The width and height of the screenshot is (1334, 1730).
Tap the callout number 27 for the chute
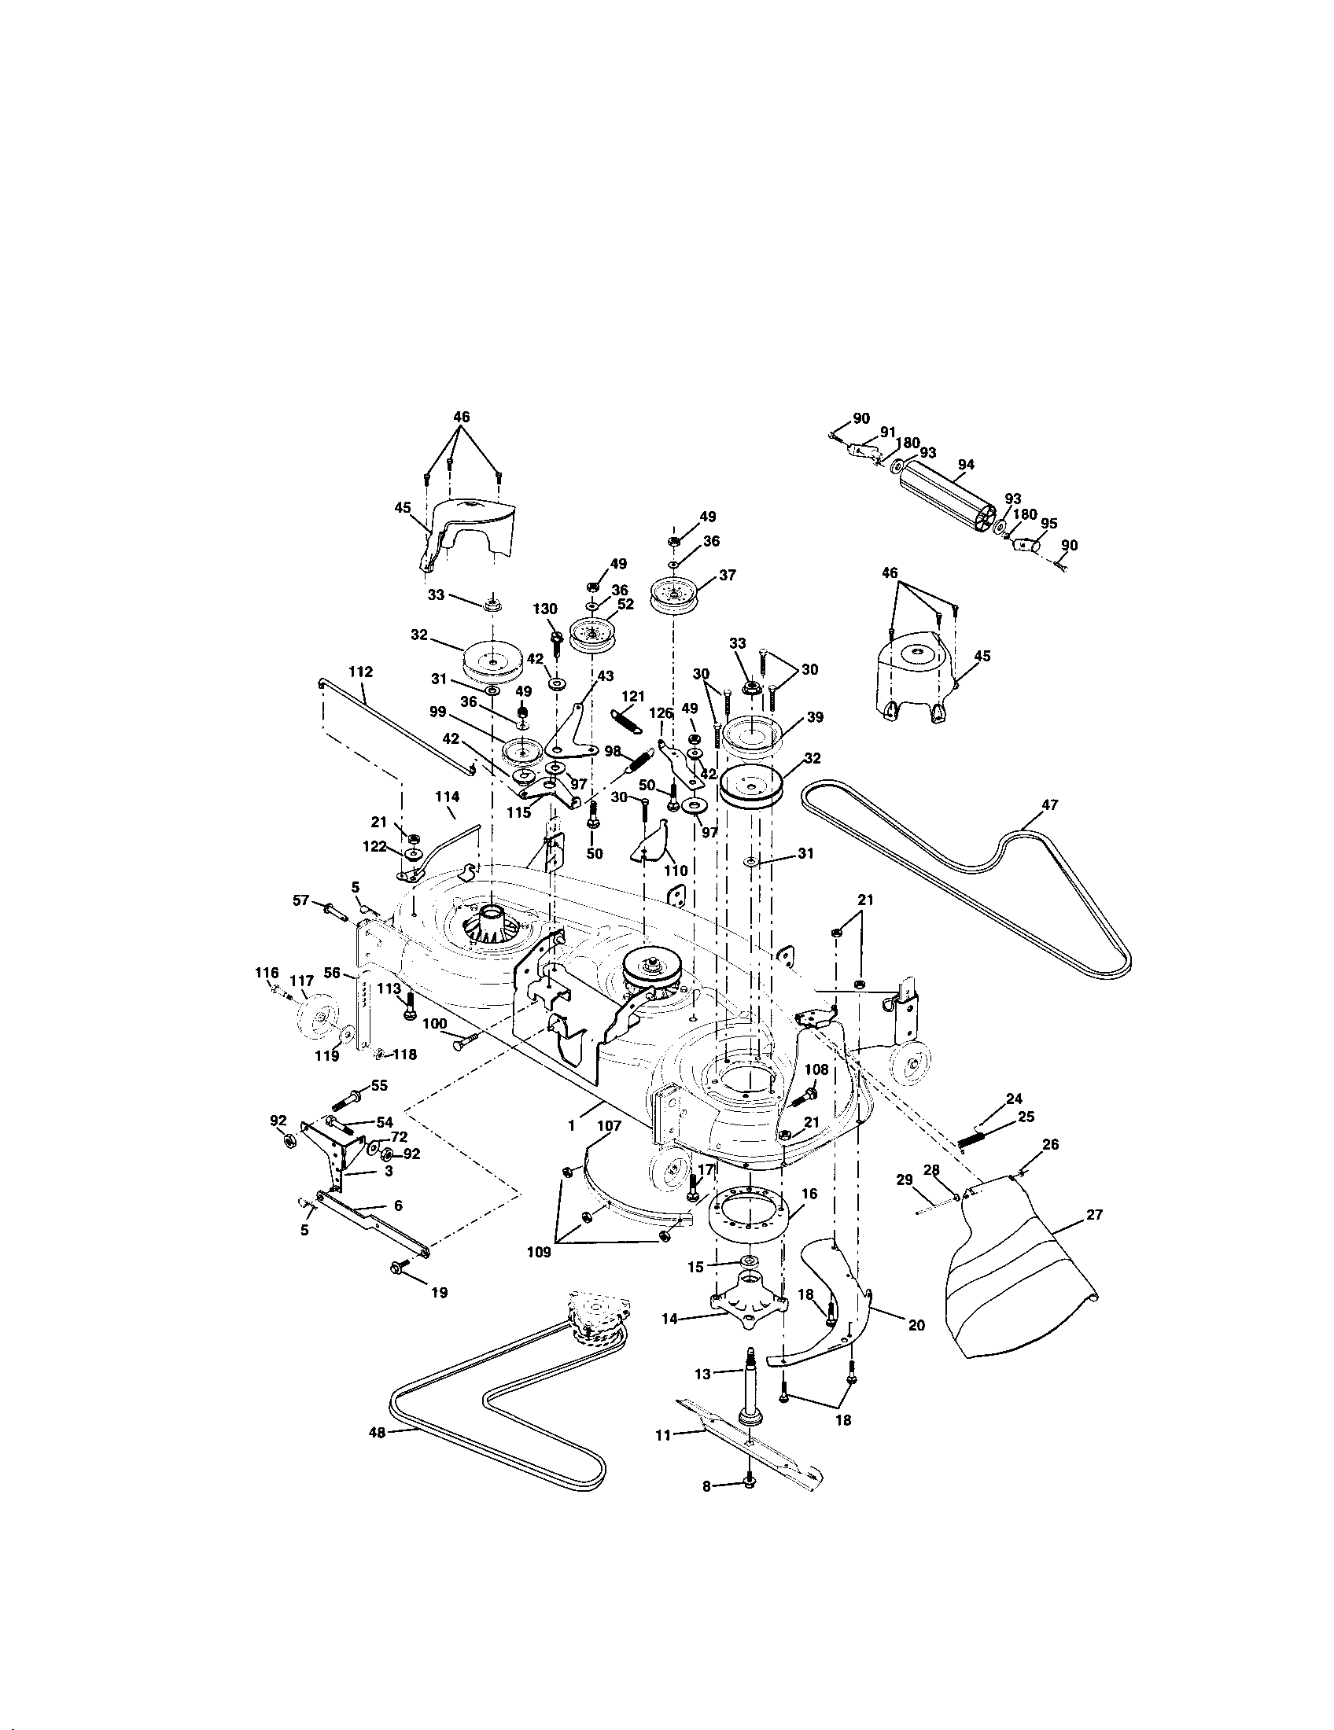pos(1094,1214)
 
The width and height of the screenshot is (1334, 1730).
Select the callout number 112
pos(359,672)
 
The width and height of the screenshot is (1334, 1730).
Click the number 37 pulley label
pos(728,575)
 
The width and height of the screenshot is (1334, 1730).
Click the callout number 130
pos(545,609)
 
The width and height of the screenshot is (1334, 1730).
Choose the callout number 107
pos(610,1124)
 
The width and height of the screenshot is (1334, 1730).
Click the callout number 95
pos(1048,524)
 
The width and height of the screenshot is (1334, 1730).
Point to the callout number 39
pos(815,717)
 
